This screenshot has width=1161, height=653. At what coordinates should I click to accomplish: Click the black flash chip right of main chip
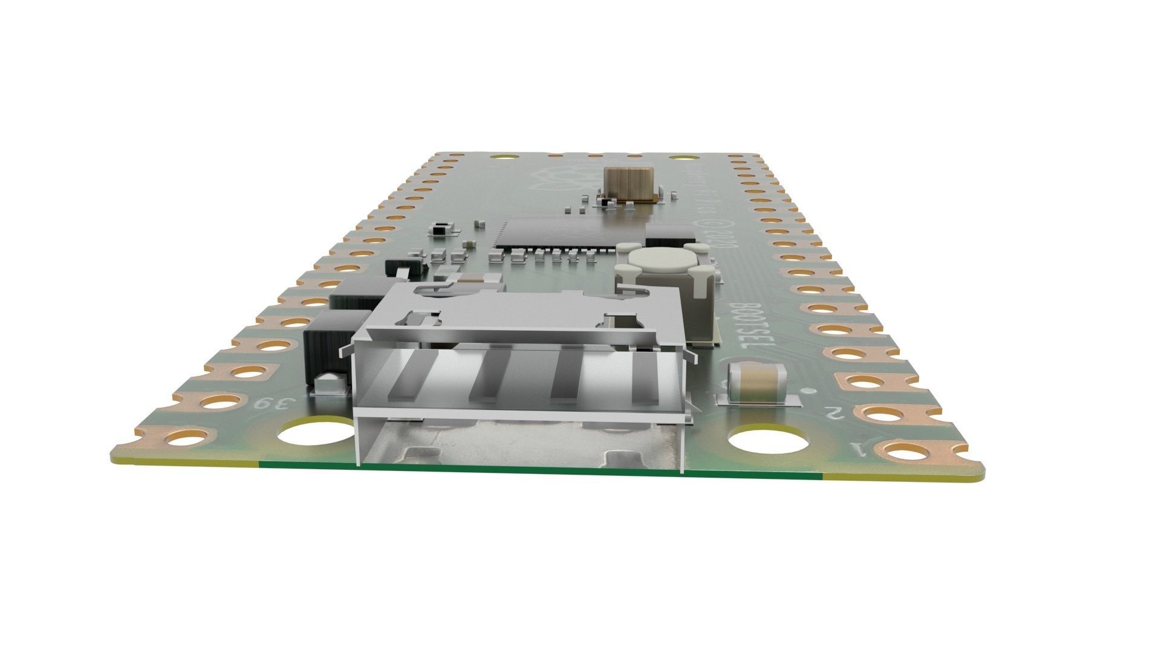[x=667, y=233]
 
